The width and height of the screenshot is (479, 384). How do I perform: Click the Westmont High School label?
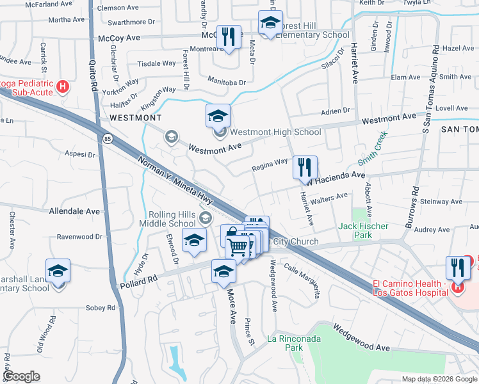pyautogui.click(x=275, y=132)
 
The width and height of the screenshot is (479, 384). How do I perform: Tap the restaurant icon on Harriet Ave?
pyautogui.click(x=305, y=168)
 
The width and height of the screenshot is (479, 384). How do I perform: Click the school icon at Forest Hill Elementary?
pyautogui.click(x=271, y=23)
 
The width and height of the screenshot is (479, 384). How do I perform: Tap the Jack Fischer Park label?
pyautogui.click(x=363, y=230)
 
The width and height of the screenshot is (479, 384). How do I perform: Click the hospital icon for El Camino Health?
pyautogui.click(x=458, y=287)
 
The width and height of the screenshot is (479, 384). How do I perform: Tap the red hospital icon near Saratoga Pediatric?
pyautogui.click(x=62, y=86)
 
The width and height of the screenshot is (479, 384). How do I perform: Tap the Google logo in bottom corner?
pyautogui.click(x=21, y=376)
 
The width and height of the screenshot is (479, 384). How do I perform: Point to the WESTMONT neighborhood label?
pyautogui.click(x=135, y=118)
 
